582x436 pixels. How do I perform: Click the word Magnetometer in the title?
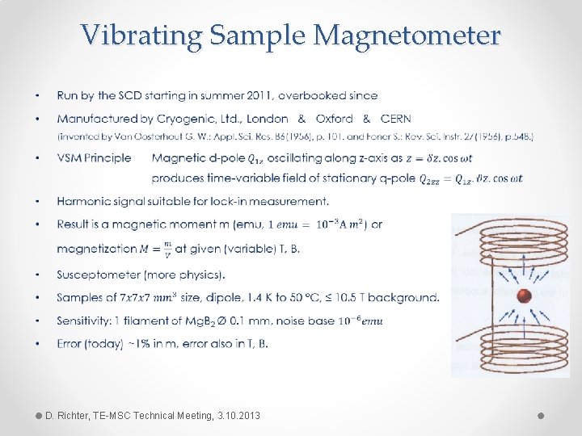(x=407, y=35)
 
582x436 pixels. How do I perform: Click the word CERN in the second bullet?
(x=396, y=119)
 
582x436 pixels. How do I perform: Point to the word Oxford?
(x=334, y=119)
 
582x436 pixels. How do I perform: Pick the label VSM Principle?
(x=94, y=158)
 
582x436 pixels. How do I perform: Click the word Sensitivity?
(x=82, y=321)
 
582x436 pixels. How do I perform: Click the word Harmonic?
(x=83, y=201)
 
